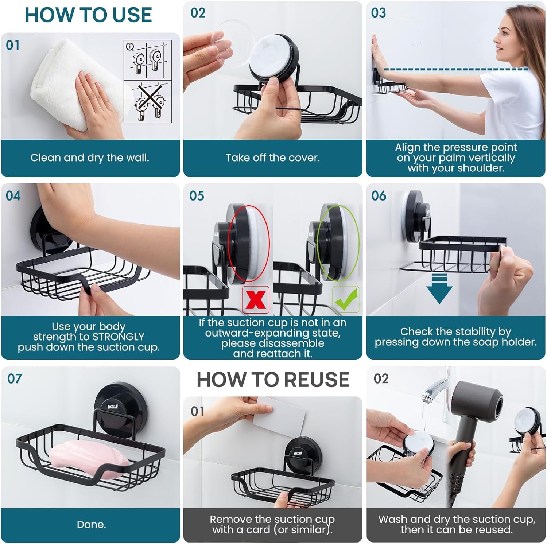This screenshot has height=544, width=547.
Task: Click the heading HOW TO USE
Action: pos(88,15)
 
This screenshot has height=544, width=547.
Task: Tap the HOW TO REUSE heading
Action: pos(273,380)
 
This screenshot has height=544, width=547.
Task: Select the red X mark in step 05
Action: pos(256,300)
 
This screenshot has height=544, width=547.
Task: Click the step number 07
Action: pos(15,378)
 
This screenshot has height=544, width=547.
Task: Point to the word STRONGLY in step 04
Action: pos(119,337)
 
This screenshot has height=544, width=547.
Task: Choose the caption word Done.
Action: pos(91,525)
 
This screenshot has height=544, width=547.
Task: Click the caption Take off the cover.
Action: pos(272,158)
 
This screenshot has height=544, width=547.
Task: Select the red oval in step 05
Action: pos(248,243)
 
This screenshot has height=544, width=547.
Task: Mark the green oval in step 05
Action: pos(338,243)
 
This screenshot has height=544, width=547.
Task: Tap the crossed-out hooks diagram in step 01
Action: pos(148,102)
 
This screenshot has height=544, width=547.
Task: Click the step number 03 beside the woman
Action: pos(378,13)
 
